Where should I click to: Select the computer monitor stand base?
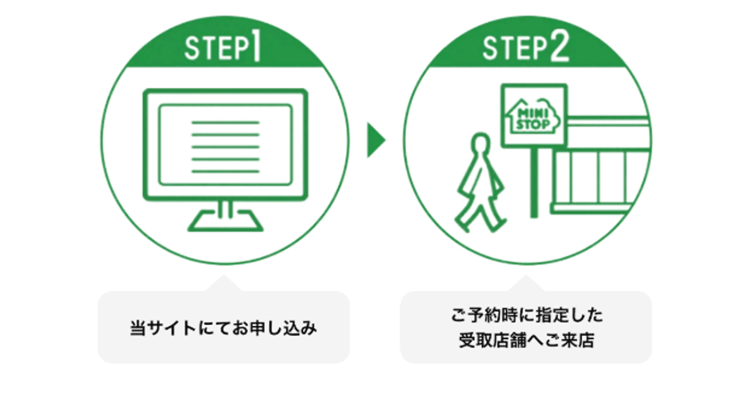tap(225, 221)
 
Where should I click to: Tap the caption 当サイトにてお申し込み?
tap(223, 328)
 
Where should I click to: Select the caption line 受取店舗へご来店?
tap(526, 342)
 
